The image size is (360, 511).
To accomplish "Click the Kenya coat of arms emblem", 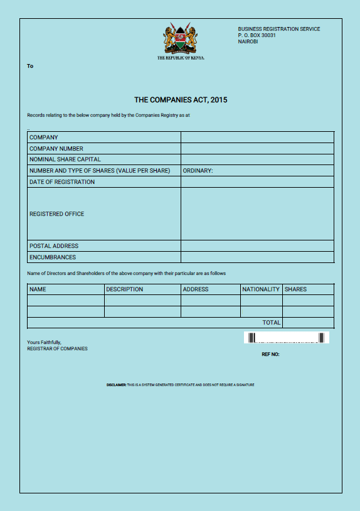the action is click(181, 39).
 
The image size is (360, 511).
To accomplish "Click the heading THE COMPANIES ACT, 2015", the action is click(181, 100).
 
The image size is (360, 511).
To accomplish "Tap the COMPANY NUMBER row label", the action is click(56, 149).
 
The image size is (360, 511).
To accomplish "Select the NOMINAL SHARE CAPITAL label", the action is click(65, 159).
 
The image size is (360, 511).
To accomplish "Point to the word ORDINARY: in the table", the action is click(198, 171).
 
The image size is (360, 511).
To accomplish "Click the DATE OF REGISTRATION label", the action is click(62, 182).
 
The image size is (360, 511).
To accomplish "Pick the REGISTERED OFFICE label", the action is click(57, 214).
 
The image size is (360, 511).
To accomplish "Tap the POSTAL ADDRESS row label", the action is click(54, 246).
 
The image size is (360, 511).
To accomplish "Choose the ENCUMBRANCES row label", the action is click(53, 257).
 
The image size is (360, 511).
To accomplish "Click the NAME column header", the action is click(38, 289).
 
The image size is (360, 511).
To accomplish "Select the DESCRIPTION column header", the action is click(124, 289).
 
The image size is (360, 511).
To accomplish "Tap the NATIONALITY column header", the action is click(261, 289).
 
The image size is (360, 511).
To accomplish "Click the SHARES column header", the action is click(295, 289).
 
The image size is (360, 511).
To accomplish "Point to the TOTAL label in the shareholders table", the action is click(272, 323).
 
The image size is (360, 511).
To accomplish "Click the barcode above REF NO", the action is click(287, 338).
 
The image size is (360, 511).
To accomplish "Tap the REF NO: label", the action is click(270, 355).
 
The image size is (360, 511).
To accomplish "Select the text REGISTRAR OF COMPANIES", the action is click(57, 348).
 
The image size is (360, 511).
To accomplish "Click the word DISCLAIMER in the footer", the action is click(117, 385).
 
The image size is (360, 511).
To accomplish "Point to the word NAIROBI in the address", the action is click(248, 41).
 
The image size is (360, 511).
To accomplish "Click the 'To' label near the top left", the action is click(30, 66).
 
